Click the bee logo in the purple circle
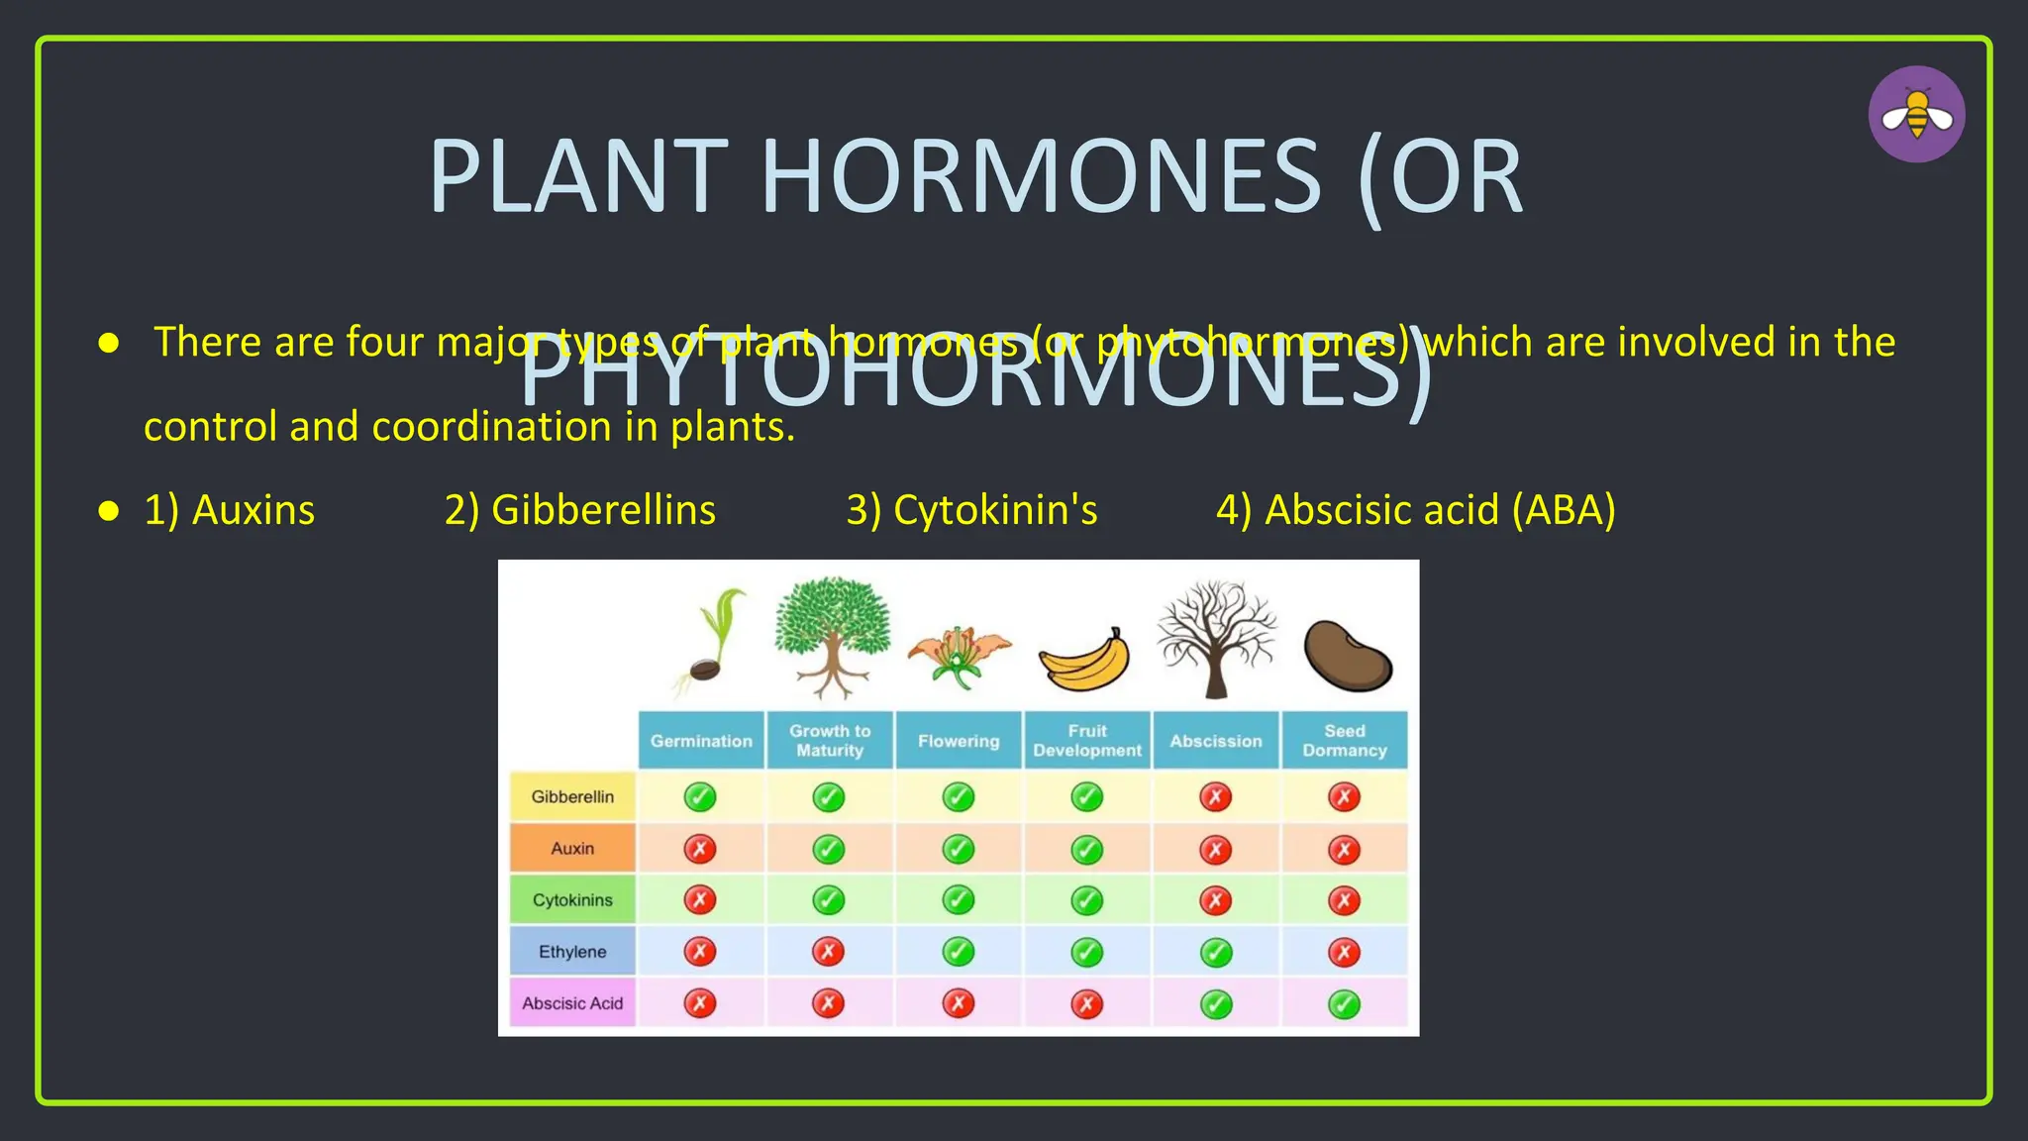coord(1916,115)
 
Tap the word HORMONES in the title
coord(1041,177)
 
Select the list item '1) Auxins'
coord(230,510)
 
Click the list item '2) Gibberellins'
coord(580,510)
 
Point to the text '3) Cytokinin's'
coord(971,510)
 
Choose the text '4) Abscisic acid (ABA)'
coord(1416,510)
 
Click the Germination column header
coord(701,741)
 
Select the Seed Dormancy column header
coord(1344,741)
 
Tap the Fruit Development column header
coord(1087,741)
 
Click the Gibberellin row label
coord(572,796)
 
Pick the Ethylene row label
coord(572,952)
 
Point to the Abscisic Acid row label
coord(572,1003)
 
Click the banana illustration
coord(1084,662)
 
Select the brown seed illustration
coord(1347,655)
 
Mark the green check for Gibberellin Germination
coord(700,796)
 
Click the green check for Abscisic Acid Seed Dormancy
coord(1344,1004)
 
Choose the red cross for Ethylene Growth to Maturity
coord(829,952)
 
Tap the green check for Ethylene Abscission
coord(1216,953)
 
